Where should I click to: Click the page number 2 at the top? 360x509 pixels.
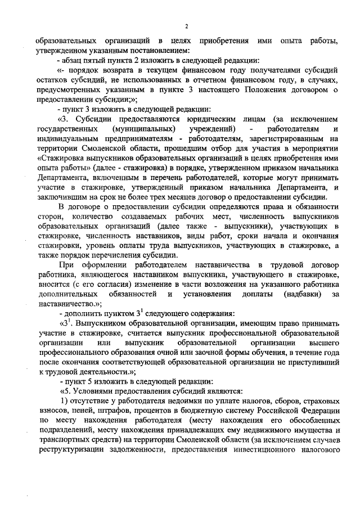point(186,26)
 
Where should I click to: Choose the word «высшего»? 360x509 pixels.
point(322,341)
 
